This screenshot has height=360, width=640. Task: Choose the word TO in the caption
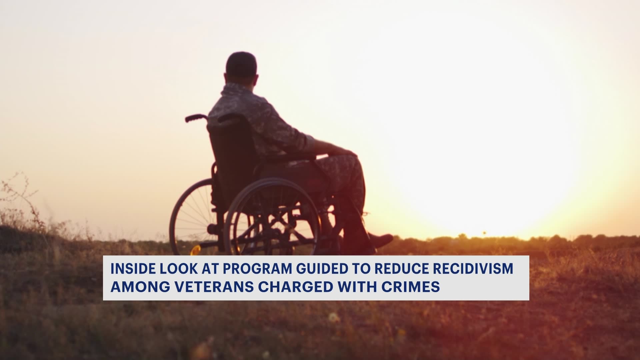tap(361, 269)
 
